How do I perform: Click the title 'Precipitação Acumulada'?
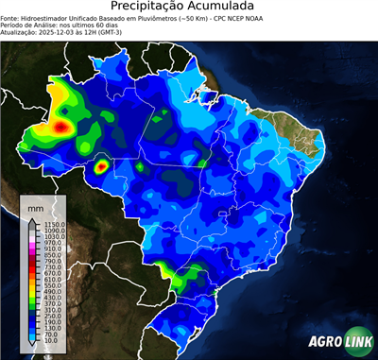[188, 7]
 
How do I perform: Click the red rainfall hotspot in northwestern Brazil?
[62, 125]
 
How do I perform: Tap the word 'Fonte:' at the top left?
[11, 17]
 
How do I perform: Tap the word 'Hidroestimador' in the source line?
[46, 17]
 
